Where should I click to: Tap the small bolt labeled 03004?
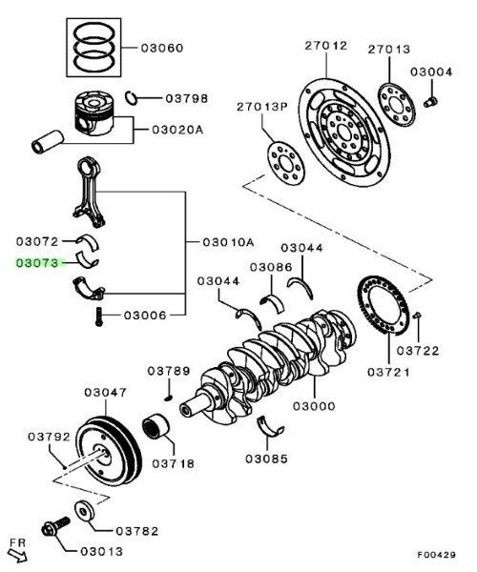430,100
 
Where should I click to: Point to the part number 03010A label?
227,241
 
